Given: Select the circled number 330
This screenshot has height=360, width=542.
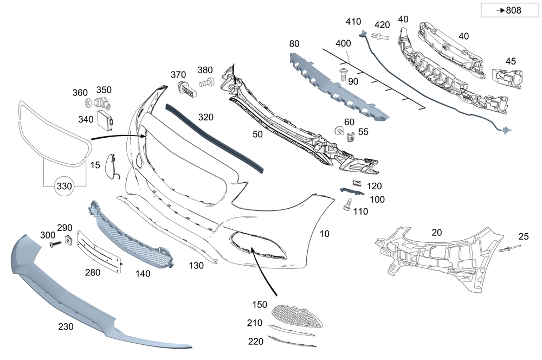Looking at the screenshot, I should [64, 187].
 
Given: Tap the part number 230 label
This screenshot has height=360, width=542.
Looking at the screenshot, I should [66, 326].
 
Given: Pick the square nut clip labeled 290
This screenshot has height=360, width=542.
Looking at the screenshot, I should [68, 240].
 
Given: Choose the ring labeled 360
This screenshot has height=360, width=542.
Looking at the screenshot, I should [87, 103].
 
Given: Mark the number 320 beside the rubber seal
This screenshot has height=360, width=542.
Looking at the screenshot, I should [205, 117].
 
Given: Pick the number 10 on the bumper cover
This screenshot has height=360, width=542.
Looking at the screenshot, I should [324, 234].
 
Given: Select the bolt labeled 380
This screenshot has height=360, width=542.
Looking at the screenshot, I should [207, 82].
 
